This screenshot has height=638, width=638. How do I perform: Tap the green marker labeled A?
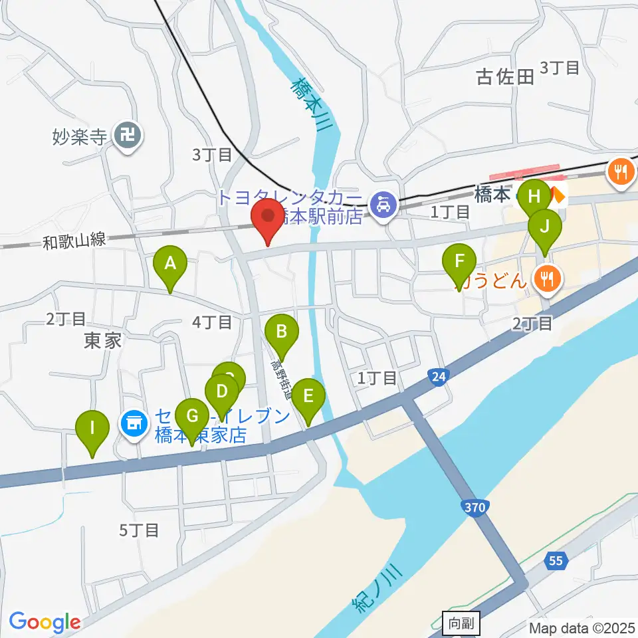pos(170,265)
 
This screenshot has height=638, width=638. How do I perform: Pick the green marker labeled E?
pos(308,397)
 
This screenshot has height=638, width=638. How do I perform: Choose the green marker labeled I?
pos(92,429)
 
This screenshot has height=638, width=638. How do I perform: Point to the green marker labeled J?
pos(545,227)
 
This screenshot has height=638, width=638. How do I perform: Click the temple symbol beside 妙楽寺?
pos(128,138)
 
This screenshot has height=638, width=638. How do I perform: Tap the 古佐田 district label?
pos(506,77)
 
